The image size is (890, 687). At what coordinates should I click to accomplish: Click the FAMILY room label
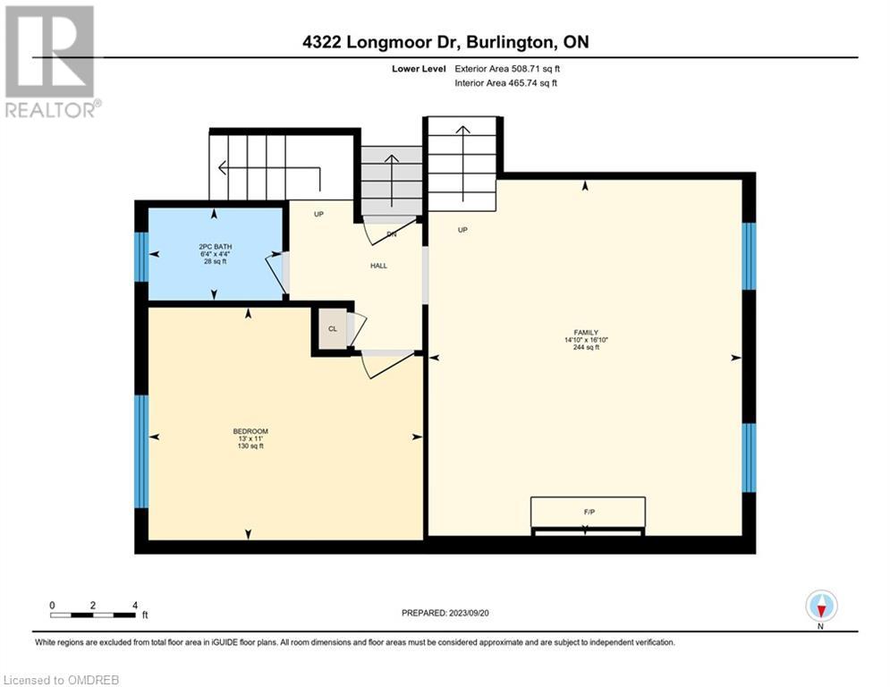(x=586, y=333)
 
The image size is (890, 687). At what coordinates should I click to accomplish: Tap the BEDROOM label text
(x=250, y=431)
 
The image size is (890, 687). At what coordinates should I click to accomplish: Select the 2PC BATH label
(x=216, y=247)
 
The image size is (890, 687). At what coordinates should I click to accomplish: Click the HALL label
(x=378, y=266)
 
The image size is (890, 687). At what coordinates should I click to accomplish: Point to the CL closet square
(x=333, y=328)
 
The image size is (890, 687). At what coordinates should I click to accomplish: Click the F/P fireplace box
(x=588, y=513)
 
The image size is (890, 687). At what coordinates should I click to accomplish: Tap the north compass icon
(x=821, y=606)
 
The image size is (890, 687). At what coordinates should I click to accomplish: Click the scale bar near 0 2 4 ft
(x=92, y=615)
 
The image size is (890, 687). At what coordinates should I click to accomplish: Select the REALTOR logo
(x=51, y=62)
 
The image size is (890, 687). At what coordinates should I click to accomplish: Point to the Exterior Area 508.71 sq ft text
(x=507, y=69)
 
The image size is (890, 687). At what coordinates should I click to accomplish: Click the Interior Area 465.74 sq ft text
(x=505, y=83)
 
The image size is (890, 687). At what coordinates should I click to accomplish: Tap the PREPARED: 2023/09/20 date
(x=445, y=613)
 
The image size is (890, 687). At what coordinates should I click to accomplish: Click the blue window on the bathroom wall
(x=141, y=257)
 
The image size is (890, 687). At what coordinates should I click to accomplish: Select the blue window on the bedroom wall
(x=141, y=452)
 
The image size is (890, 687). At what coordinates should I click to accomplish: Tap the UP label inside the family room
(x=462, y=230)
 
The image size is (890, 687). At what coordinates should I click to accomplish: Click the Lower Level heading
(x=419, y=69)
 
